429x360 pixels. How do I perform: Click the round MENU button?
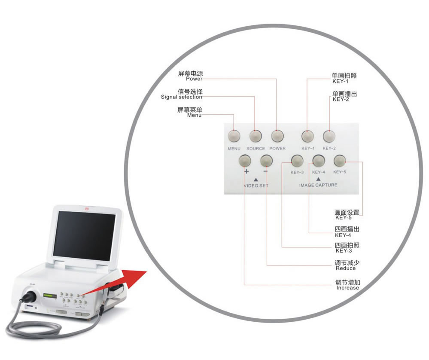234,136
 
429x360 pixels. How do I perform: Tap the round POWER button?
277,136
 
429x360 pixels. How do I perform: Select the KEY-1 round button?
307,136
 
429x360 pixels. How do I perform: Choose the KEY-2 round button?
329,136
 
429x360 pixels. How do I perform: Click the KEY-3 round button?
297,161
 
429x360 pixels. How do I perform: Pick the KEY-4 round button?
318,161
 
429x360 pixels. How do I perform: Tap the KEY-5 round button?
339,161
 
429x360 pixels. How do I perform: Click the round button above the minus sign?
266,161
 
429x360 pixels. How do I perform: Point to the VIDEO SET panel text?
256,186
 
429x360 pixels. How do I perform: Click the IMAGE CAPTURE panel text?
318,185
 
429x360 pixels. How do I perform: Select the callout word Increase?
347,288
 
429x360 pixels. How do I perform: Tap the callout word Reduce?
346,268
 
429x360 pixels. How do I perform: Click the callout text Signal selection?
181,97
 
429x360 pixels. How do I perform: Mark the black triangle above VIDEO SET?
256,179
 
